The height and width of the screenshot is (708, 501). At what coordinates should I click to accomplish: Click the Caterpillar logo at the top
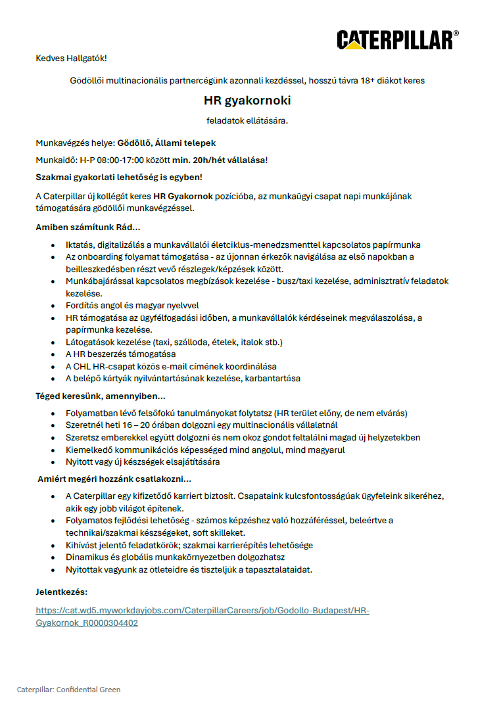click(x=397, y=39)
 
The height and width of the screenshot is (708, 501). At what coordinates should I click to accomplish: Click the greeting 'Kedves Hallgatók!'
click(x=71, y=59)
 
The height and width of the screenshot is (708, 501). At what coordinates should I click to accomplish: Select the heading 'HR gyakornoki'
click(x=247, y=101)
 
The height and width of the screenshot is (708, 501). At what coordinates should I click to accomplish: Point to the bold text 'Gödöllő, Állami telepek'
click(x=166, y=143)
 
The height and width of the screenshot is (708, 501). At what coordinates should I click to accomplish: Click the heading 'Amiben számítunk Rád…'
click(x=87, y=227)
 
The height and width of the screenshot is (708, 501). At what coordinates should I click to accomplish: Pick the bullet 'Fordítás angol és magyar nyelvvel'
click(x=132, y=305)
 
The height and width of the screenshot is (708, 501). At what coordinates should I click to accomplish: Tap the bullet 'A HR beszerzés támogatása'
click(x=120, y=354)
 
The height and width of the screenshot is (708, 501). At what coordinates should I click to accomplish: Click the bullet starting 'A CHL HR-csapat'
click(x=171, y=366)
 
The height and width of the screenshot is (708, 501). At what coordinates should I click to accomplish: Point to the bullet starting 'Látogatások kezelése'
click(x=174, y=342)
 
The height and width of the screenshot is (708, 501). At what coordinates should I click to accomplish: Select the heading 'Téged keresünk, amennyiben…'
click(x=100, y=396)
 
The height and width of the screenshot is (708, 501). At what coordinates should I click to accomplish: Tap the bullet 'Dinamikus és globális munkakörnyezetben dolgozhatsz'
click(x=175, y=557)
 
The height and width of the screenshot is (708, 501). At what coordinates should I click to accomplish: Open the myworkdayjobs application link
click(x=203, y=611)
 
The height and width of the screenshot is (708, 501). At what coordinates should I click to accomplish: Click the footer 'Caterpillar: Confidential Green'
click(x=69, y=690)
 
